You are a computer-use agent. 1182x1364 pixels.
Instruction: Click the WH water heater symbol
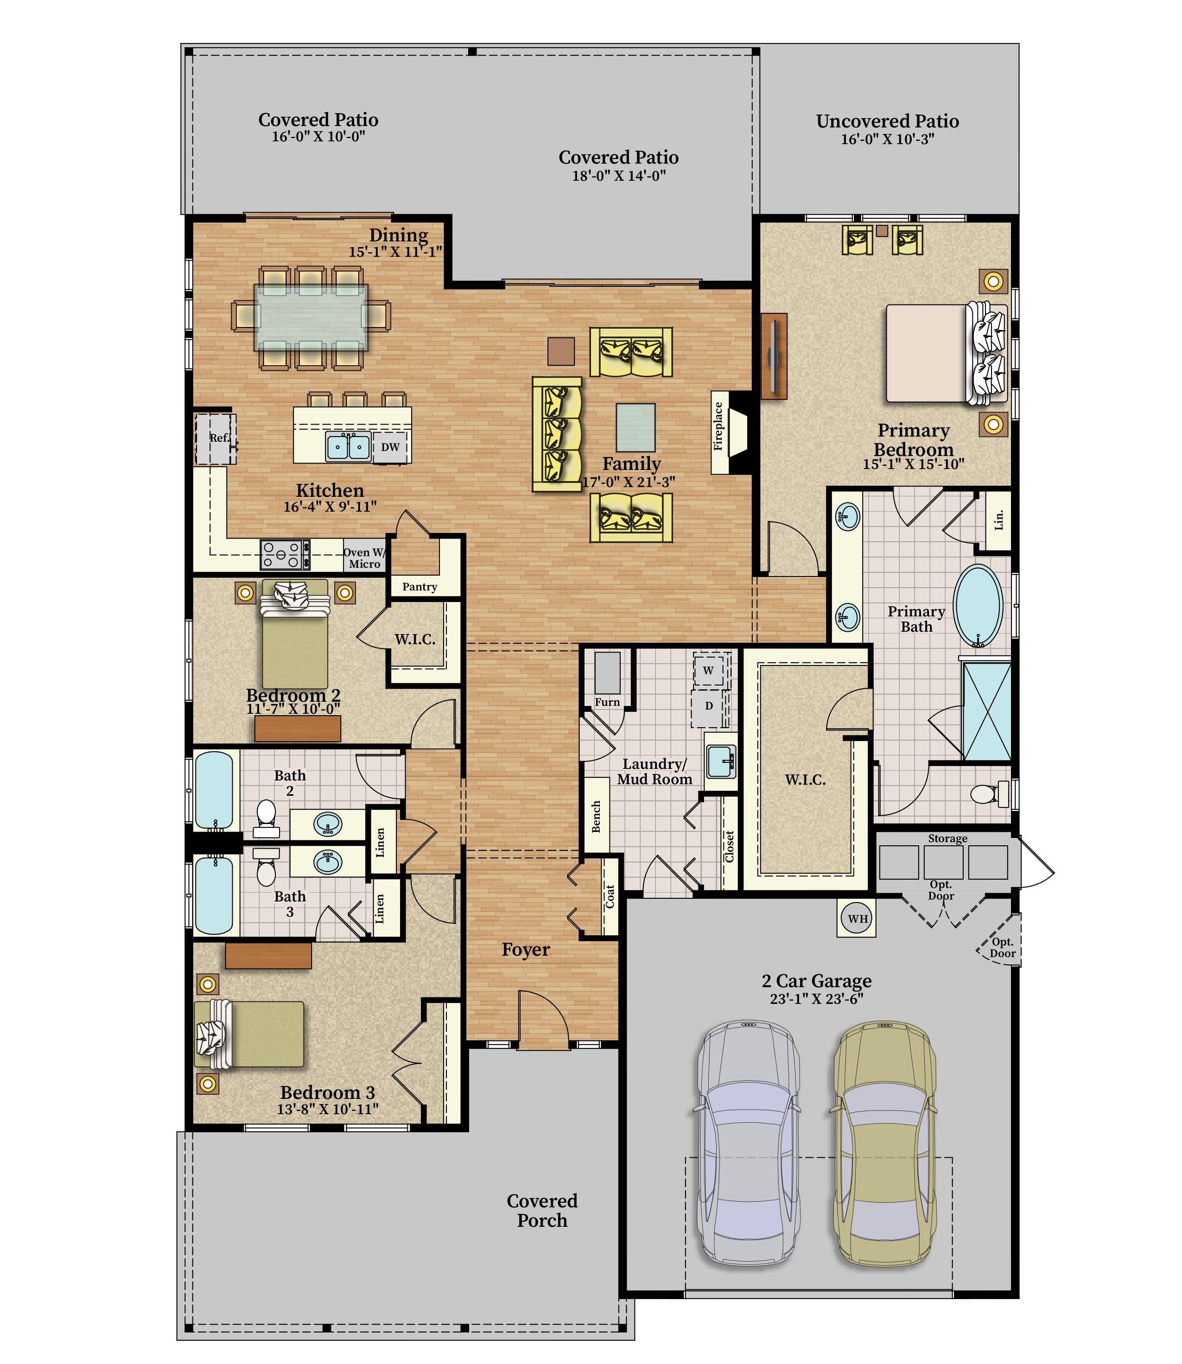(858, 918)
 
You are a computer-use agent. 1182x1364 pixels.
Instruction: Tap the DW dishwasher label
(390, 446)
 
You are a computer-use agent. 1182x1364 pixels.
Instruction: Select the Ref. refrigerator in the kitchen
(215, 438)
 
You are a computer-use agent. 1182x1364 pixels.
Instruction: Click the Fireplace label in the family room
(719, 426)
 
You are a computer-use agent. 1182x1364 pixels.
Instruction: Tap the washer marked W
(708, 671)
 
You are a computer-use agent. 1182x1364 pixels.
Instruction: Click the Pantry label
(419, 586)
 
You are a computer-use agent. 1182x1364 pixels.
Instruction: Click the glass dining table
(311, 318)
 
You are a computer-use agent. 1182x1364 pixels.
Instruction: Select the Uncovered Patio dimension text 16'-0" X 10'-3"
(887, 139)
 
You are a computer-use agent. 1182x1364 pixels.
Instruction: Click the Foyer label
(526, 949)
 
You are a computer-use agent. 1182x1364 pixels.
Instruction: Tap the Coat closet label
(610, 896)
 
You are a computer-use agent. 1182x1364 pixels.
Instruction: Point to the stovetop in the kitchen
(285, 554)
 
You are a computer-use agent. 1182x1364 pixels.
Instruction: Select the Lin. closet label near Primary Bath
(998, 520)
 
